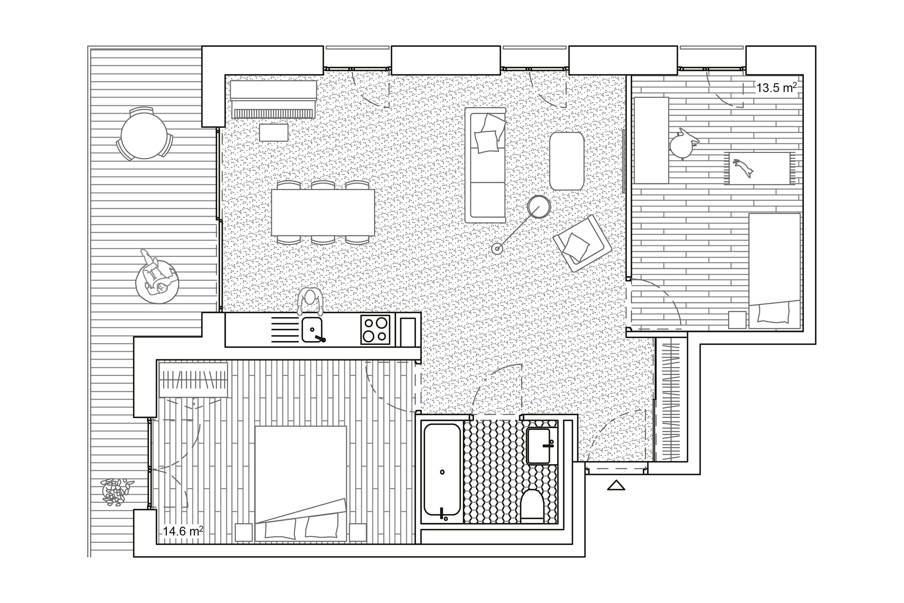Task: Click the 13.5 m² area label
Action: (x=776, y=88)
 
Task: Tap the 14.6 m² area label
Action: (x=183, y=531)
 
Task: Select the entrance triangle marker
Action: (x=616, y=485)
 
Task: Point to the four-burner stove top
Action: (x=375, y=329)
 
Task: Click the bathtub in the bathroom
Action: (x=442, y=470)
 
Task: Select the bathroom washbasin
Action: (x=539, y=446)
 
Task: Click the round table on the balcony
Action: (x=144, y=135)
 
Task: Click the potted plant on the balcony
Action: (x=116, y=492)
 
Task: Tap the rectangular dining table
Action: (x=323, y=213)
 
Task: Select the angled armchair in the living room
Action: (x=582, y=243)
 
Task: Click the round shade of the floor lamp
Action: (x=539, y=207)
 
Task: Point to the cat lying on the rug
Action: (x=743, y=168)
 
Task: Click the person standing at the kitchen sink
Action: (x=310, y=301)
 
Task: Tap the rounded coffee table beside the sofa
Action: (x=567, y=161)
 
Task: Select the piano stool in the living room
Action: (x=274, y=133)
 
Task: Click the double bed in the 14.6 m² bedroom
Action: (x=301, y=483)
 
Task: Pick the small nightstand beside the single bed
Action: (x=737, y=320)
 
